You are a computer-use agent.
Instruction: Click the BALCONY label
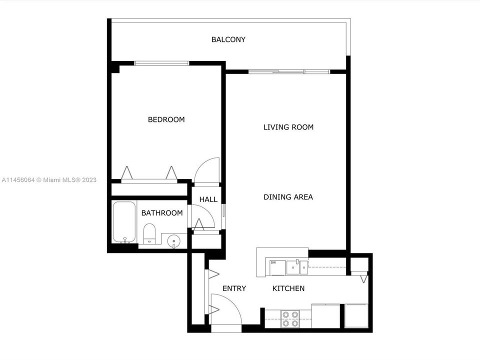pos(228,39)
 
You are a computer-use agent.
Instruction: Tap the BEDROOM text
pos(166,119)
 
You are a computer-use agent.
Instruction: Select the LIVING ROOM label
pos(288,127)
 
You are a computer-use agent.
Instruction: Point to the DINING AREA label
pos(288,197)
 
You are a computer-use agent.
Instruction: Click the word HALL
pos(208,199)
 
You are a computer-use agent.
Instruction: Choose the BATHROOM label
pos(162,213)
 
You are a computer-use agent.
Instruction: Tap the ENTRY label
pos(234,288)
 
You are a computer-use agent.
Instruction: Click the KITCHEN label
pos(288,288)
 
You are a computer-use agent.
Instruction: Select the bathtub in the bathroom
pos(124,222)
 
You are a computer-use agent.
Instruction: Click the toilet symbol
pos(149,234)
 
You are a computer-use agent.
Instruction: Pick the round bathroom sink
pos(173,240)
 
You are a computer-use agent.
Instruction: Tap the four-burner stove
pos(290,319)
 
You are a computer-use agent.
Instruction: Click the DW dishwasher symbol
pos(277,267)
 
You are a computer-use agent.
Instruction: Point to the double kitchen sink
pos(297,267)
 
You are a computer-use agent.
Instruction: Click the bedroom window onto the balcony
pos(161,63)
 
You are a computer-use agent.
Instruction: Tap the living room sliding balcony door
pos(289,72)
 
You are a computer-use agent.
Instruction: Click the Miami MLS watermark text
pos(49,180)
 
